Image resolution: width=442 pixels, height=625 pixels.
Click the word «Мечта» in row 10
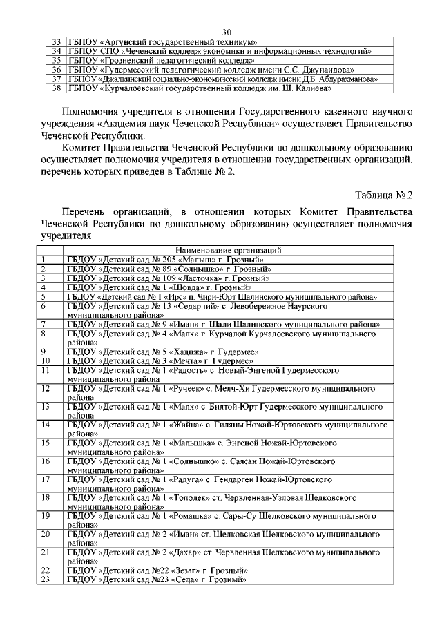click(184, 360)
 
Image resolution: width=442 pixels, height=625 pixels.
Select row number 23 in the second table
click(46, 579)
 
